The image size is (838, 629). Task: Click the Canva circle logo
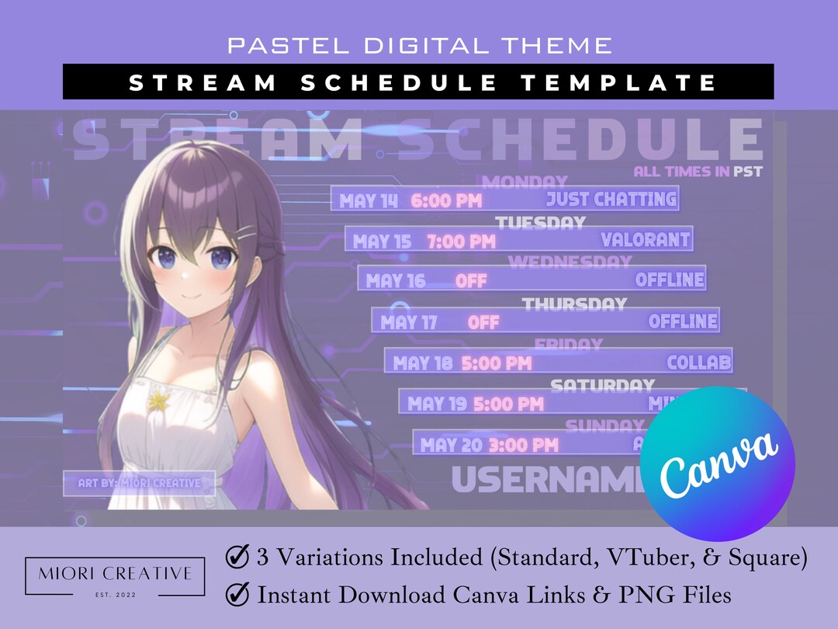[718, 464]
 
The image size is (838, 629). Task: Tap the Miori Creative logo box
[115, 576]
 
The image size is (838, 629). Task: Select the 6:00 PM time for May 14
[446, 201]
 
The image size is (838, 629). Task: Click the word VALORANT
[646, 240]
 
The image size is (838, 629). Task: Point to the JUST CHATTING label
[611, 200]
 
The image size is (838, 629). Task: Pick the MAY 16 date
[396, 280]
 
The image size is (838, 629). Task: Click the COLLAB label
[699, 362]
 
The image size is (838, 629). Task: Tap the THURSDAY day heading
[574, 304]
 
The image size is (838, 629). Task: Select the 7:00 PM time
[461, 242]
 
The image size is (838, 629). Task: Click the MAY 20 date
[450, 445]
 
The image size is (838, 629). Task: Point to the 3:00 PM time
[523, 445]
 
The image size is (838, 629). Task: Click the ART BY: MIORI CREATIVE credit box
[140, 483]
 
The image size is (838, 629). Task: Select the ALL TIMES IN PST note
[698, 172]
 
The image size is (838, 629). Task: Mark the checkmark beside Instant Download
[237, 595]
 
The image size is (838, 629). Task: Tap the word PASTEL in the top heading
[277, 45]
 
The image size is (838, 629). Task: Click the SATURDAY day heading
[602, 385]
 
